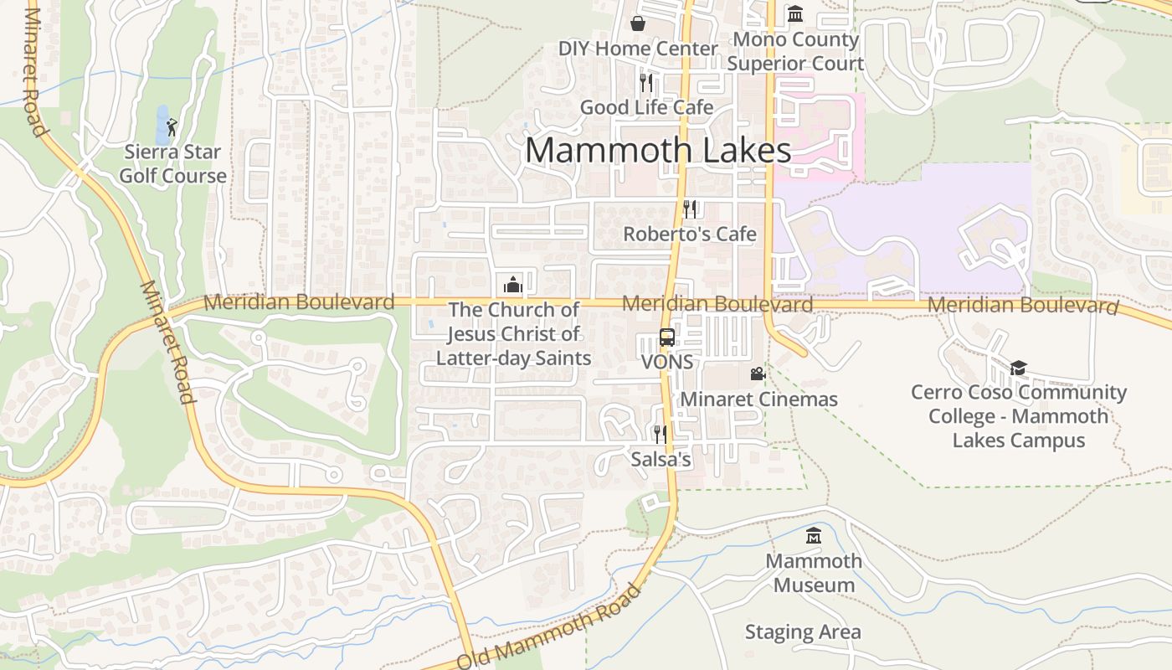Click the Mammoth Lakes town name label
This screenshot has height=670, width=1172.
pyautogui.click(x=658, y=151)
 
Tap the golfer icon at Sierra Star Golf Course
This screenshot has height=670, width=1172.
pyautogui.click(x=172, y=127)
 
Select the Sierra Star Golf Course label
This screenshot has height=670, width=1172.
pyautogui.click(x=172, y=164)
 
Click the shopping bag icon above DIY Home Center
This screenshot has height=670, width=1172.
pyautogui.click(x=638, y=23)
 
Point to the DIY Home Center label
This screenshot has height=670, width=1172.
pyautogui.click(x=638, y=49)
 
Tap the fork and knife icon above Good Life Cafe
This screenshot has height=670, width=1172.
pyautogui.click(x=645, y=82)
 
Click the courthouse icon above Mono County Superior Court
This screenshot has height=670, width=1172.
pyautogui.click(x=795, y=14)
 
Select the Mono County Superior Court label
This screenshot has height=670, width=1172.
pyautogui.click(x=795, y=52)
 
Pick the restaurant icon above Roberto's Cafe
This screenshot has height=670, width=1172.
pyautogui.click(x=690, y=209)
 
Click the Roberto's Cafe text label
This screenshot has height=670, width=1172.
pyautogui.click(x=690, y=234)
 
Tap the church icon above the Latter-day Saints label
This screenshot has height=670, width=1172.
pyautogui.click(x=513, y=285)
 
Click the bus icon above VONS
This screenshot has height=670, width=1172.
pyautogui.click(x=667, y=338)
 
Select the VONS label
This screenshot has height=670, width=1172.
pyautogui.click(x=667, y=362)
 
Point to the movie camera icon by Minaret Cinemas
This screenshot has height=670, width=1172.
pyautogui.click(x=758, y=374)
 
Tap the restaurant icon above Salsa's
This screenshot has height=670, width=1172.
pyautogui.click(x=661, y=434)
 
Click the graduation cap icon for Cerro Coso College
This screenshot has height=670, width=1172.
pyautogui.click(x=1018, y=368)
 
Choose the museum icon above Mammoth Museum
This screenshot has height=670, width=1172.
pyautogui.click(x=814, y=535)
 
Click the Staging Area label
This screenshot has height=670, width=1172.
pyautogui.click(x=803, y=632)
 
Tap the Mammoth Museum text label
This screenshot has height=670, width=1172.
pyautogui.click(x=814, y=573)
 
